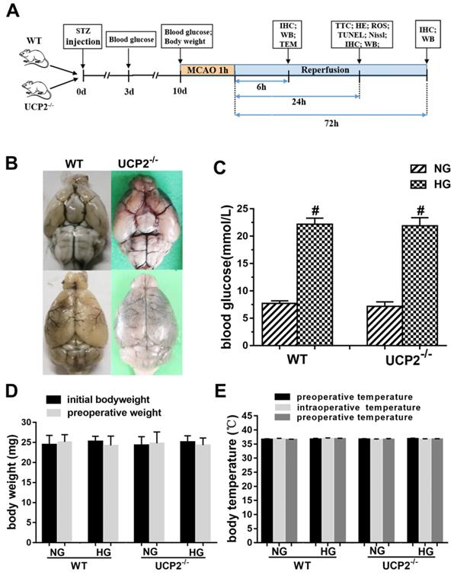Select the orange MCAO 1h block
pyautogui.click(x=206, y=70)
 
